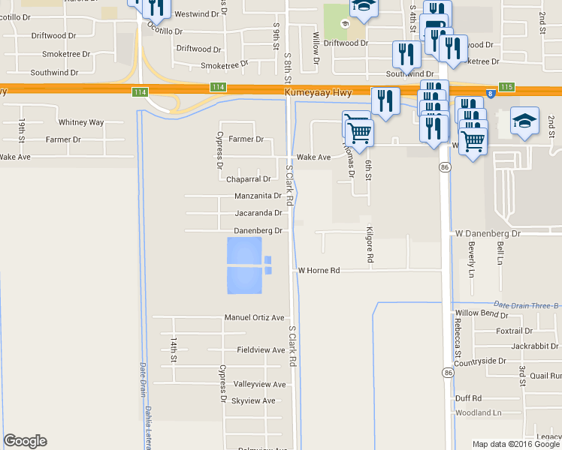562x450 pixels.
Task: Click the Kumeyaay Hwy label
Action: pos(319,91)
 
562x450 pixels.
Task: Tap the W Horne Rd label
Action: pos(319,270)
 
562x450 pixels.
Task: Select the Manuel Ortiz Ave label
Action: pos(255,318)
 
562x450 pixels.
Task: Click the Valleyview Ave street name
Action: pos(260,385)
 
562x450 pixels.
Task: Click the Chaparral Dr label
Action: pos(248,179)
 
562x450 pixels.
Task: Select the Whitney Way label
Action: pos(81,122)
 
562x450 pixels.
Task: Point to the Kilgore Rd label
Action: pos(370,244)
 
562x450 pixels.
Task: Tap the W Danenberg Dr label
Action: pos(488,234)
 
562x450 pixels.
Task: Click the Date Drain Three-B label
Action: pos(527,305)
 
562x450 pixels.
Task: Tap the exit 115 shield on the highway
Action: pos(506,88)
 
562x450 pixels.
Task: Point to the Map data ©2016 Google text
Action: pos(516,444)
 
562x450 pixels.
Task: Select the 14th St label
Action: pos(174,350)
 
